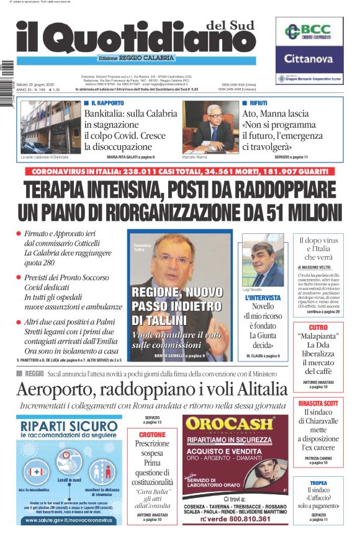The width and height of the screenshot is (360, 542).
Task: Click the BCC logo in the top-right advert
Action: [x=309, y=32]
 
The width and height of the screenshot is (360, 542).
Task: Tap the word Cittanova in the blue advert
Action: [x=309, y=59]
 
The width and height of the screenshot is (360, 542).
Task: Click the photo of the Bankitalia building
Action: [x=50, y=127]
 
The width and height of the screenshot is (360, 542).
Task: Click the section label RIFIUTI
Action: [x=259, y=102]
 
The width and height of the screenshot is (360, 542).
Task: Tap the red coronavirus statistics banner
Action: [x=180, y=171]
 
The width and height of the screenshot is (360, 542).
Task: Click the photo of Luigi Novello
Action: [x=263, y=259]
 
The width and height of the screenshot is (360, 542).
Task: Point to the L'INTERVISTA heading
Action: [x=263, y=298]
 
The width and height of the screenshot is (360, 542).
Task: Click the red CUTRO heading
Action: [x=318, y=327]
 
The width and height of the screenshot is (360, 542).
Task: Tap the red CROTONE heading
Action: [x=152, y=435]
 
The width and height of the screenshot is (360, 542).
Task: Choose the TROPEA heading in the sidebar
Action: [x=318, y=483]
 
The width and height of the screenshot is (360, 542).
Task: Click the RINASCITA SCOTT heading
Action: [x=318, y=403]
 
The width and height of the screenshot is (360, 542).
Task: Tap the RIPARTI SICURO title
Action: [x=68, y=426]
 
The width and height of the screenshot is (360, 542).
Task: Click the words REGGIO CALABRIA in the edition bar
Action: [x=151, y=58]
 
